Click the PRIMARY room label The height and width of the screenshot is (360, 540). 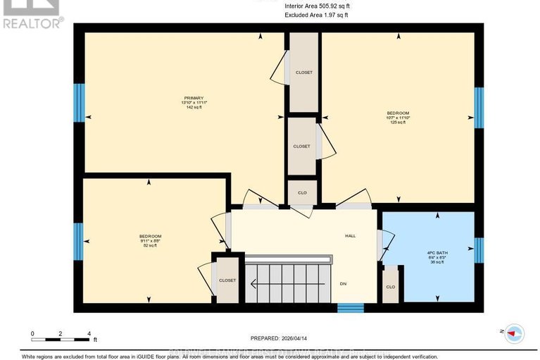pos(194,98)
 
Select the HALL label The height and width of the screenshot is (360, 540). pos(350,236)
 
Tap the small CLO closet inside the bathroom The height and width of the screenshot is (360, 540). pos(390,287)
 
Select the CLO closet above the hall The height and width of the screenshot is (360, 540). pos(301,192)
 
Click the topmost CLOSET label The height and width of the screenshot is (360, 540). pos(303,73)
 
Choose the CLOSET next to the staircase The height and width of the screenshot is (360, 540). pos(227,280)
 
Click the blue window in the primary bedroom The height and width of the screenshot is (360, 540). pos(79,103)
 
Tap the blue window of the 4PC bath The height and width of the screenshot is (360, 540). pos(479,249)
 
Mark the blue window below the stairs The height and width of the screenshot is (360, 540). pos(350,307)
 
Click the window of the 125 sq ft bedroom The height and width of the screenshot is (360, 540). pos(479,107)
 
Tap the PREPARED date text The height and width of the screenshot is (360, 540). pos(284,337)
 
